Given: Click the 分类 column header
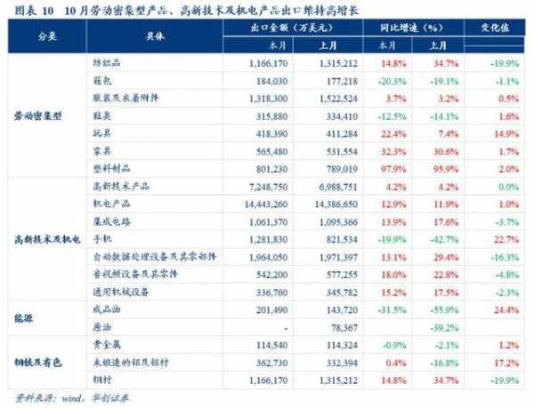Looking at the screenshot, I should click(46, 42).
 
